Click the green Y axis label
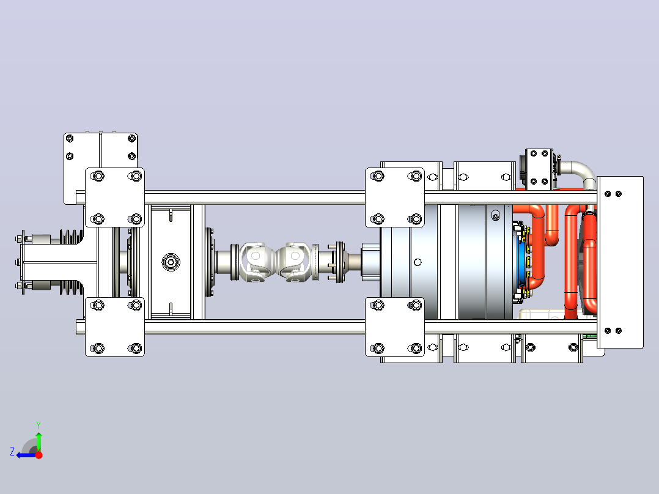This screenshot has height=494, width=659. pyautogui.click(x=39, y=425)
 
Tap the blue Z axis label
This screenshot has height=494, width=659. pyautogui.click(x=12, y=452)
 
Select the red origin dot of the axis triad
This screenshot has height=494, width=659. pyautogui.click(x=39, y=455)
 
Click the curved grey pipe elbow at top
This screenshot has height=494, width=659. pyautogui.click(x=582, y=173)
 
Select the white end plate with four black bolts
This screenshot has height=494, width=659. pyautogui.click(x=620, y=262)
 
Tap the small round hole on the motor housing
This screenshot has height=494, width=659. pyautogui.click(x=418, y=262)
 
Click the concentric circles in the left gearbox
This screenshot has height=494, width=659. pyautogui.click(x=171, y=262)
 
